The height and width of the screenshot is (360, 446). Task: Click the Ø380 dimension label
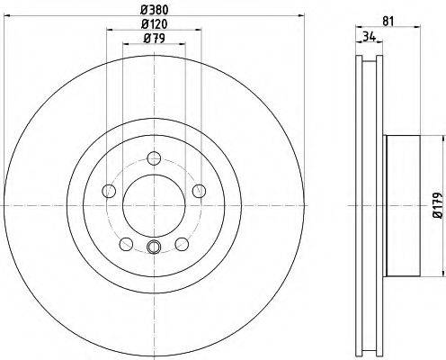(155, 10)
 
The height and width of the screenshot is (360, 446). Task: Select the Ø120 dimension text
(154, 24)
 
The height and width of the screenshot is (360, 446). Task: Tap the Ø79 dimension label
(154, 39)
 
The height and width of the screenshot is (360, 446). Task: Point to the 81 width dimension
(388, 22)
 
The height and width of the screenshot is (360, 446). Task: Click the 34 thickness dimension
(369, 37)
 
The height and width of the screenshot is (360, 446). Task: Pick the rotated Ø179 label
(439, 205)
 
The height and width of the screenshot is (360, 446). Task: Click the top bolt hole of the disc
(154, 158)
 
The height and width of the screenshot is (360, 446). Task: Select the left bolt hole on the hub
(109, 191)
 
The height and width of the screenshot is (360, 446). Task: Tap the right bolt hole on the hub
(199, 191)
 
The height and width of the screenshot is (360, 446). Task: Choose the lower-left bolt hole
(126, 244)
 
